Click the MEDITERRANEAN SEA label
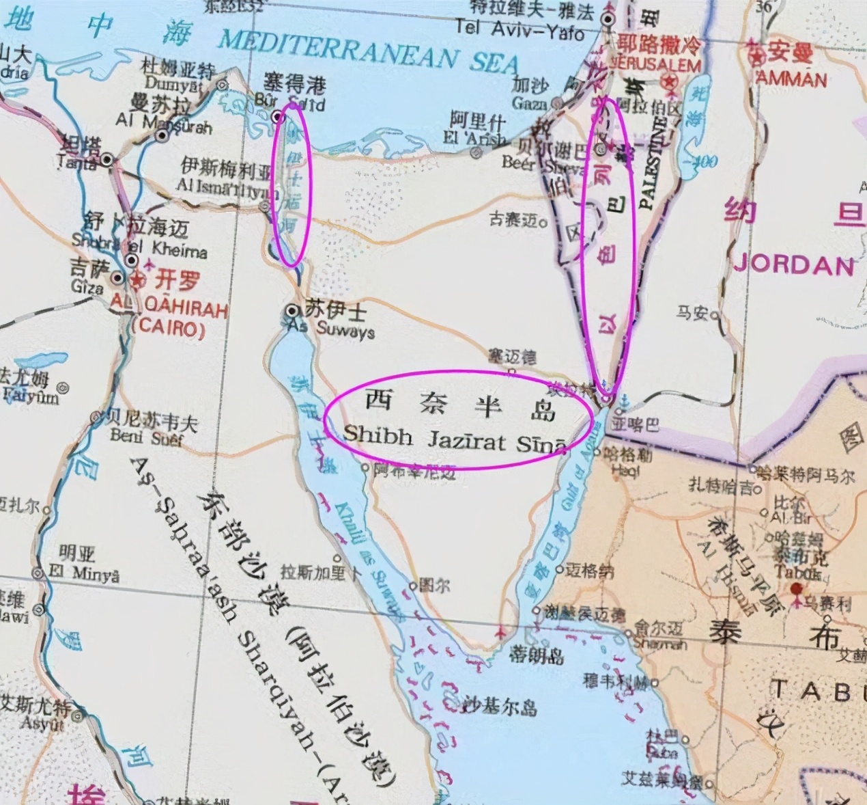369,51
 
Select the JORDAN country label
794,264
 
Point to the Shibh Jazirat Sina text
455,437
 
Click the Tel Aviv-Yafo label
520,29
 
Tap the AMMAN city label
792,79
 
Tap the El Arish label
474,138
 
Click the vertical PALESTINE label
649,163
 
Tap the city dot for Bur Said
277,117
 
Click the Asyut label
42,722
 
